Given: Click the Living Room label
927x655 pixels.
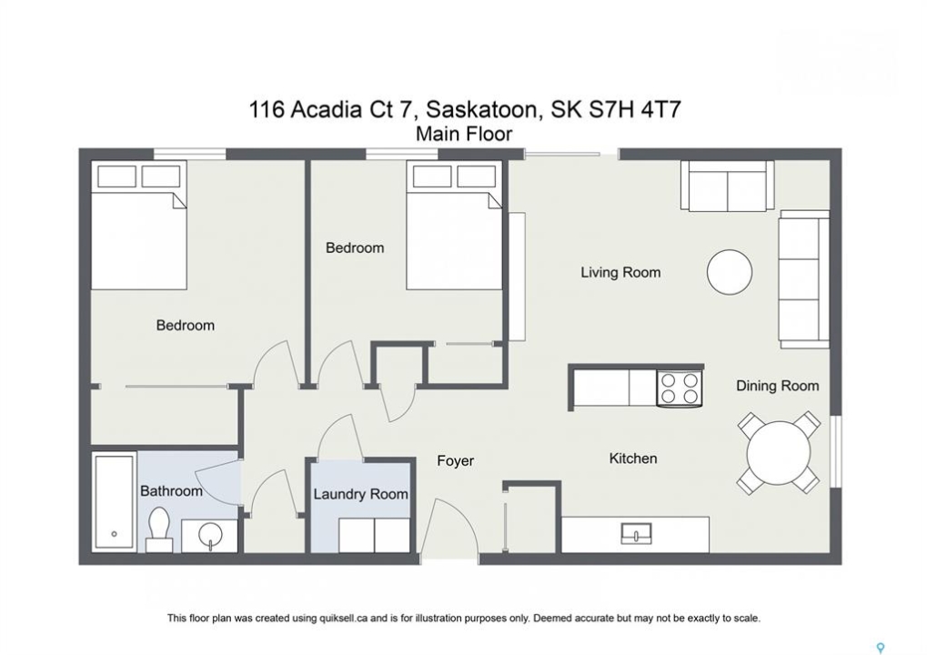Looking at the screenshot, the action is pos(620,273).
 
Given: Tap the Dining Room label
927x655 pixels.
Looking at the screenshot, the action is pos(778,386).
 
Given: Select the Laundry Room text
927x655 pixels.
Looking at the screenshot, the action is pos(360,494).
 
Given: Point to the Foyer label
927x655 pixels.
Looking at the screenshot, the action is pos(455,461).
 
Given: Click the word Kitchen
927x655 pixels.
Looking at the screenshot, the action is pos(633,458).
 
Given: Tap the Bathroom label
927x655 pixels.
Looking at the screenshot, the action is pos(171,491).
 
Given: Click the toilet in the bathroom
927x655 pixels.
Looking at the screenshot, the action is pos(159,529).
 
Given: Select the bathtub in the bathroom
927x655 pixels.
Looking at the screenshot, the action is pos(114,502).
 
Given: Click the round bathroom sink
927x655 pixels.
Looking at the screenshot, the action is pos(210,536).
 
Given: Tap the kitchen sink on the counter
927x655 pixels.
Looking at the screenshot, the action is pos(636,534).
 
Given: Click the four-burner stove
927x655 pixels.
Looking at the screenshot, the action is pos(680,388).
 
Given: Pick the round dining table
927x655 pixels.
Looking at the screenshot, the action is pos(779,454).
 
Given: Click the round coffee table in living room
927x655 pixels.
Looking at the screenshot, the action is pos(730,273).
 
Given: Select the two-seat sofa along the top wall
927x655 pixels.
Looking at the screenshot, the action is pos(727,186).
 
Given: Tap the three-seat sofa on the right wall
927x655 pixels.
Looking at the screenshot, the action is pos(803,278).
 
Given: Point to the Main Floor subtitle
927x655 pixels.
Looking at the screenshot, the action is pos(464,135).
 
